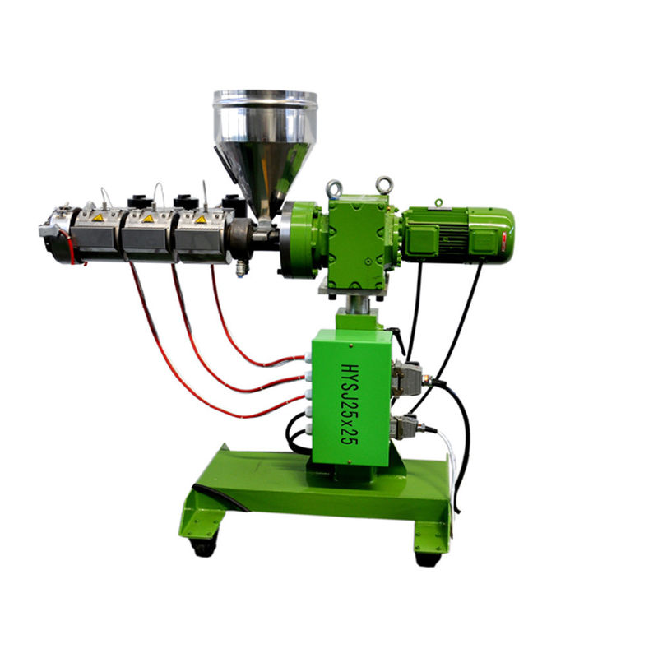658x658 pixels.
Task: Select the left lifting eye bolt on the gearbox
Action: [334, 188]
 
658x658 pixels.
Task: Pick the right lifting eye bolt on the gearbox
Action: [384, 184]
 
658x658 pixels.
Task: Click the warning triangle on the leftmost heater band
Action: [97, 218]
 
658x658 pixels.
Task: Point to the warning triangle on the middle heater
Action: [148, 218]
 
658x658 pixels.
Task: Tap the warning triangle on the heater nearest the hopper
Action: [200, 218]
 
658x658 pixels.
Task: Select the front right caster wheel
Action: [427, 558]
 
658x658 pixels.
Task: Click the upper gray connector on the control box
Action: [407, 377]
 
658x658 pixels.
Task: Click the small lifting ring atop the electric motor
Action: [438, 202]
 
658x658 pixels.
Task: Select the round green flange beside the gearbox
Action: [299, 239]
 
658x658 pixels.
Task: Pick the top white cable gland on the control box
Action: [308, 359]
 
